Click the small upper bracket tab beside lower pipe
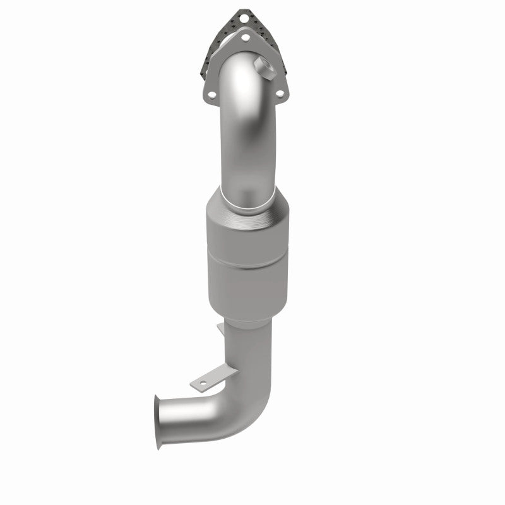219,328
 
